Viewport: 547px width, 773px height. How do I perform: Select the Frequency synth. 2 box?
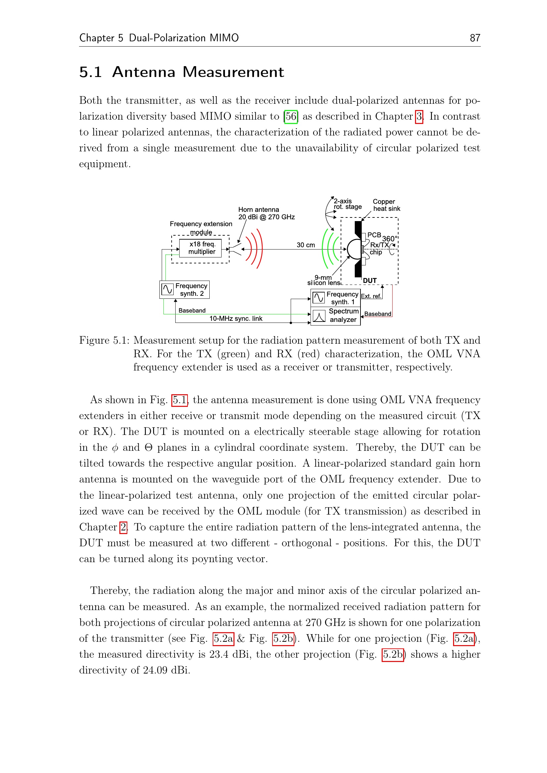pos(184,290)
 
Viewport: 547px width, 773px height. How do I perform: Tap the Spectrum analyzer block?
pos(335,316)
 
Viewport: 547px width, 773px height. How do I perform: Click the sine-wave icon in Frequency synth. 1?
pos(318,298)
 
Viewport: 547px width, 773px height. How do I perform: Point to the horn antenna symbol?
pos(236,250)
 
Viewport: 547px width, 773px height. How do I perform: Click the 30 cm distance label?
pos(306,245)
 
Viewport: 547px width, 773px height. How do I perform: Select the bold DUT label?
pos(369,281)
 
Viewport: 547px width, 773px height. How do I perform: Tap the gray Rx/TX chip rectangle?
pos(362,250)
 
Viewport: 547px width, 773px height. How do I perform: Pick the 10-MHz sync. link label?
pos(236,319)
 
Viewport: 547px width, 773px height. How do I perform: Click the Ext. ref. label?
pos(371,296)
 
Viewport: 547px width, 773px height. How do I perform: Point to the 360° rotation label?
pos(390,239)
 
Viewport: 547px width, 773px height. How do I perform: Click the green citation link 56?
pos(291,116)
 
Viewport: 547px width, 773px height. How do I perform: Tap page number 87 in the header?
pos(475,38)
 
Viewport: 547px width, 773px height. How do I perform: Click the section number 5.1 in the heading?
pos(90,72)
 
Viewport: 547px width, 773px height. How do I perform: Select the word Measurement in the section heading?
pos(233,72)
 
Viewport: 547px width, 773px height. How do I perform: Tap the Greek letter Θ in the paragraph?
pos(148,448)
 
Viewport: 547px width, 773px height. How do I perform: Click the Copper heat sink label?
pos(386,205)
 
